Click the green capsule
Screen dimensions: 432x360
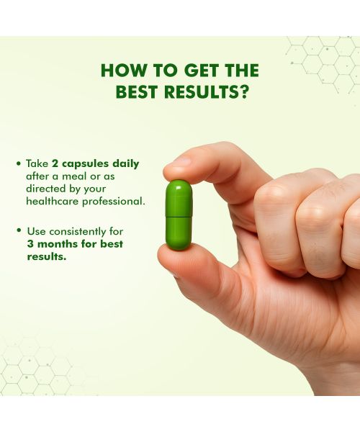[x=179, y=215]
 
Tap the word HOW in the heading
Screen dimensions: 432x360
[x=118, y=71]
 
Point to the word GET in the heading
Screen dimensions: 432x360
[x=187, y=71]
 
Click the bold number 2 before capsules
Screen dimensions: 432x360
[x=55, y=163]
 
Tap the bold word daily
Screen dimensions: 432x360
[x=125, y=163]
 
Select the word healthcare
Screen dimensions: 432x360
[x=50, y=201]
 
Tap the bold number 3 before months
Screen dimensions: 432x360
[x=30, y=244]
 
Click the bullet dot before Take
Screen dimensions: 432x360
[x=19, y=163]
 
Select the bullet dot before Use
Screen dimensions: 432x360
[x=19, y=232]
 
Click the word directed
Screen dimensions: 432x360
[x=46, y=188]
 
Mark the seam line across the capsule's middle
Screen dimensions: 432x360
[x=179, y=216]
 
